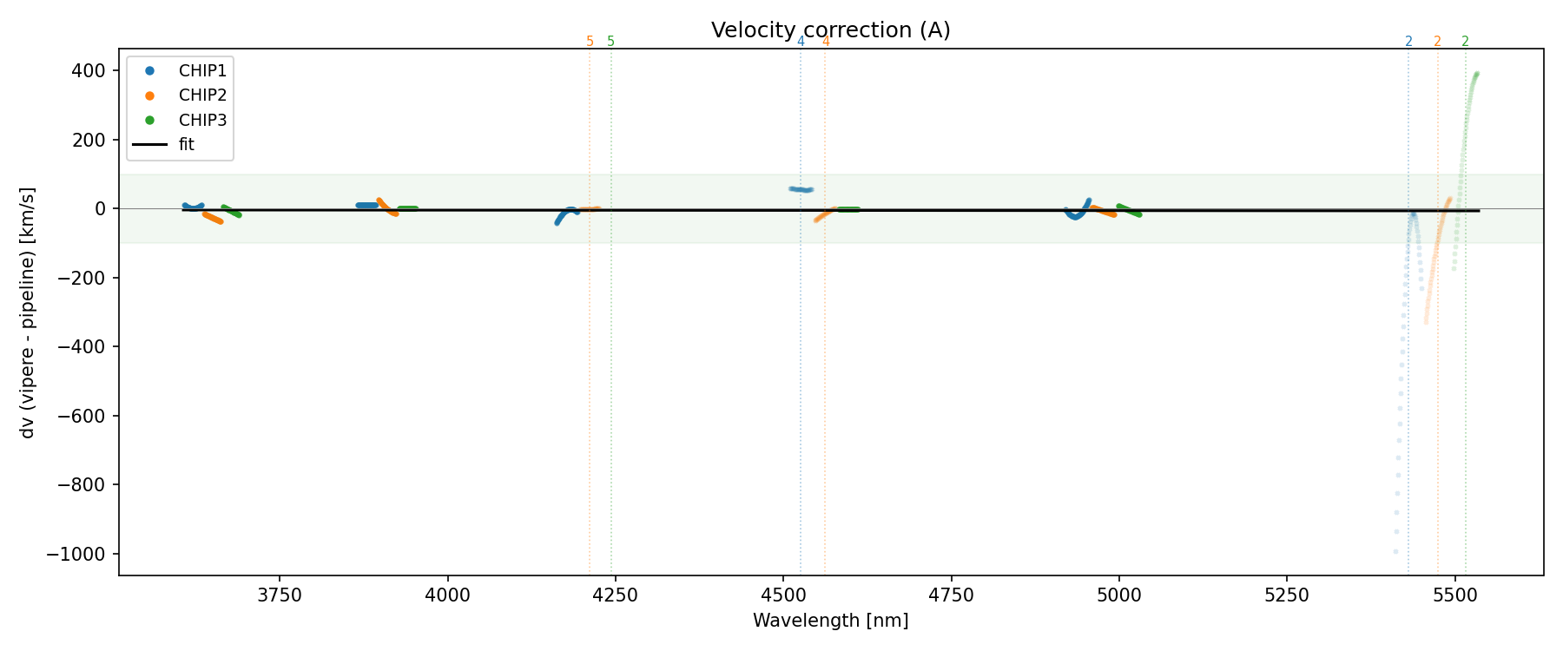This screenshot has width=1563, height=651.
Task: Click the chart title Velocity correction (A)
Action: tap(830, 30)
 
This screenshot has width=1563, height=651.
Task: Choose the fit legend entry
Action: tap(187, 145)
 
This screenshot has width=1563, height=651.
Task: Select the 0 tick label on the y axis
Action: tap(101, 209)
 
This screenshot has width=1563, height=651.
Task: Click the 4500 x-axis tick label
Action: tap(783, 595)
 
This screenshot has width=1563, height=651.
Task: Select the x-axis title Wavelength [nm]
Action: tap(830, 621)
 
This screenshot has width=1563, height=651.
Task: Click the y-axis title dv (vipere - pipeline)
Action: tap(28, 312)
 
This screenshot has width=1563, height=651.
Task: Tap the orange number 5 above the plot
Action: tap(590, 42)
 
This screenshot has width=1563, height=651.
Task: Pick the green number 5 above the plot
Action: tap(611, 42)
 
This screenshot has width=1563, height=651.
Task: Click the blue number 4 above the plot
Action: tap(801, 42)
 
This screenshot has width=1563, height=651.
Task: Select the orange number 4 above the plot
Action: tap(826, 42)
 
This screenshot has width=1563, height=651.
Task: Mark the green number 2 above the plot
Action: tap(1466, 42)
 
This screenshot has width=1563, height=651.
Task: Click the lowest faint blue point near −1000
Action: tap(1395, 551)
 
